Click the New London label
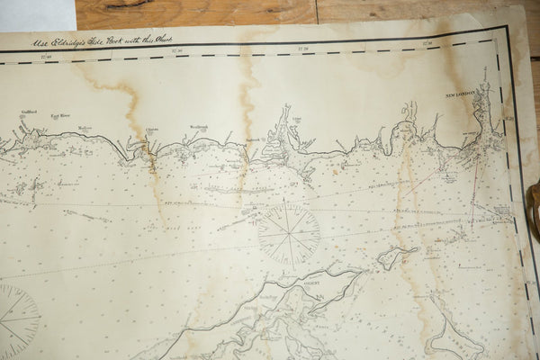click(459, 94)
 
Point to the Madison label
click(85, 128)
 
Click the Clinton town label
click(152, 129)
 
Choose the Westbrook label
click(198, 128)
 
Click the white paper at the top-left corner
click(36, 13)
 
